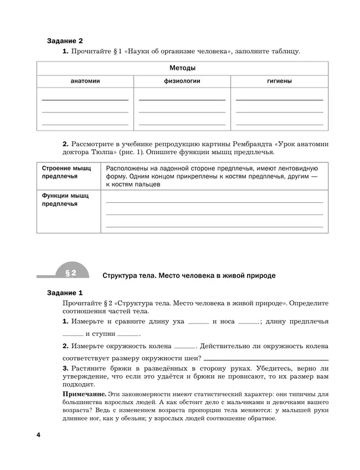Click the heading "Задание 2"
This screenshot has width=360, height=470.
click(x=65, y=41)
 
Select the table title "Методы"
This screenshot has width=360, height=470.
click(x=182, y=68)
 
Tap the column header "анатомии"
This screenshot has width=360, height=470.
click(x=85, y=81)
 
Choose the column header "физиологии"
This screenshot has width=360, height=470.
click(x=182, y=81)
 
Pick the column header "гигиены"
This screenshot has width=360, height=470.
click(x=279, y=81)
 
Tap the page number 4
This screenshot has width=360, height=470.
click(x=39, y=434)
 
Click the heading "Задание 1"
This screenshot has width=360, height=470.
click(x=65, y=293)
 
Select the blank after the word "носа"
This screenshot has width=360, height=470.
click(x=249, y=322)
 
